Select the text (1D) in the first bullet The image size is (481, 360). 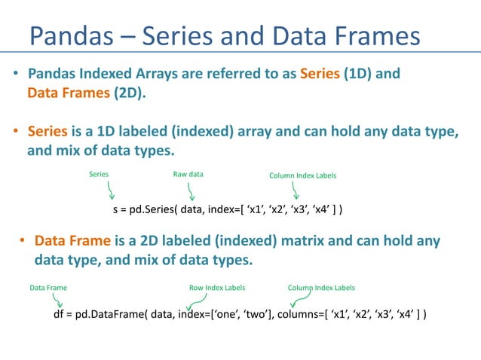pos(366,75)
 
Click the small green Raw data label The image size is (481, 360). pos(188,175)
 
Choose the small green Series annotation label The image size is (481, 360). pos(99,175)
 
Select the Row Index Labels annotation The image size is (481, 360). pos(216,288)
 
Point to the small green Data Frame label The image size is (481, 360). pos(48,288)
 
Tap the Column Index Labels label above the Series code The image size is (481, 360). pos(302,175)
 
